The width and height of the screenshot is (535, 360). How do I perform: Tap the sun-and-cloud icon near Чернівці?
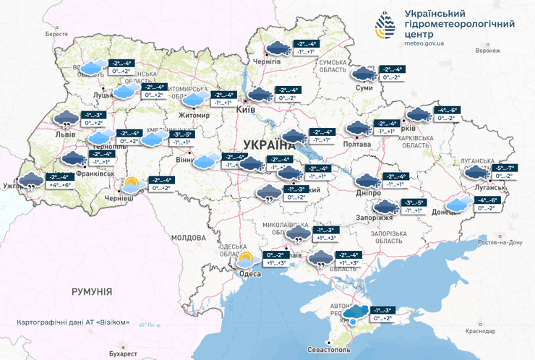coord(131,184)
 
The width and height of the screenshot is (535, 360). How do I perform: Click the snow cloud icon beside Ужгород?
coord(30,181)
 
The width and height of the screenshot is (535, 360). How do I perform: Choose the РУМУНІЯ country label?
coord(91,291)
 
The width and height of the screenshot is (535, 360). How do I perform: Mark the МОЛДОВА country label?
coord(189,237)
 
